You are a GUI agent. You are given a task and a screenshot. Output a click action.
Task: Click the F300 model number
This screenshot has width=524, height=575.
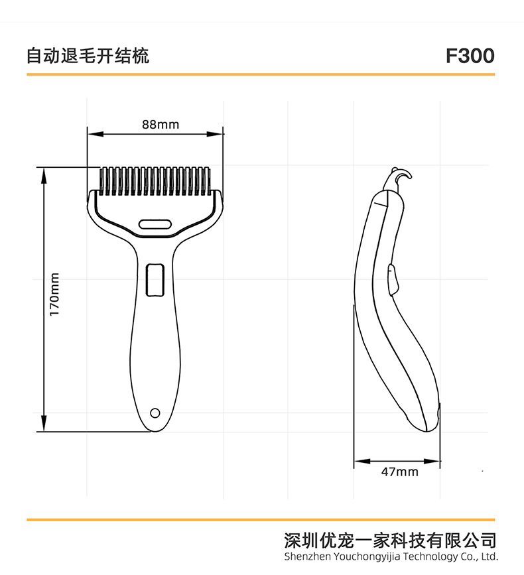[470, 56]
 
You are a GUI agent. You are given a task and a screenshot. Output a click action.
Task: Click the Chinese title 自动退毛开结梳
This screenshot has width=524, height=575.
[88, 56]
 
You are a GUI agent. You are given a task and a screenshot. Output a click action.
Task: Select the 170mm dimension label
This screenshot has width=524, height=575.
[55, 294]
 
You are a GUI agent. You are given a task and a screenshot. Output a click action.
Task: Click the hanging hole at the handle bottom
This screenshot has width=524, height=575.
[155, 413]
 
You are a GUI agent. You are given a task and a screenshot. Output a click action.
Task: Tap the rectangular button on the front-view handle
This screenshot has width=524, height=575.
[155, 280]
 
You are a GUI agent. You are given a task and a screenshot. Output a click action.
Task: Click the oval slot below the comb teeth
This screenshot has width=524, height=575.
[155, 224]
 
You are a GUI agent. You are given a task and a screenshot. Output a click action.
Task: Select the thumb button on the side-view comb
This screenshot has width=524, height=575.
[393, 279]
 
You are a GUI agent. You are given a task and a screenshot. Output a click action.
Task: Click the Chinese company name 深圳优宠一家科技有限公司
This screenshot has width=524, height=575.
[389, 539]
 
